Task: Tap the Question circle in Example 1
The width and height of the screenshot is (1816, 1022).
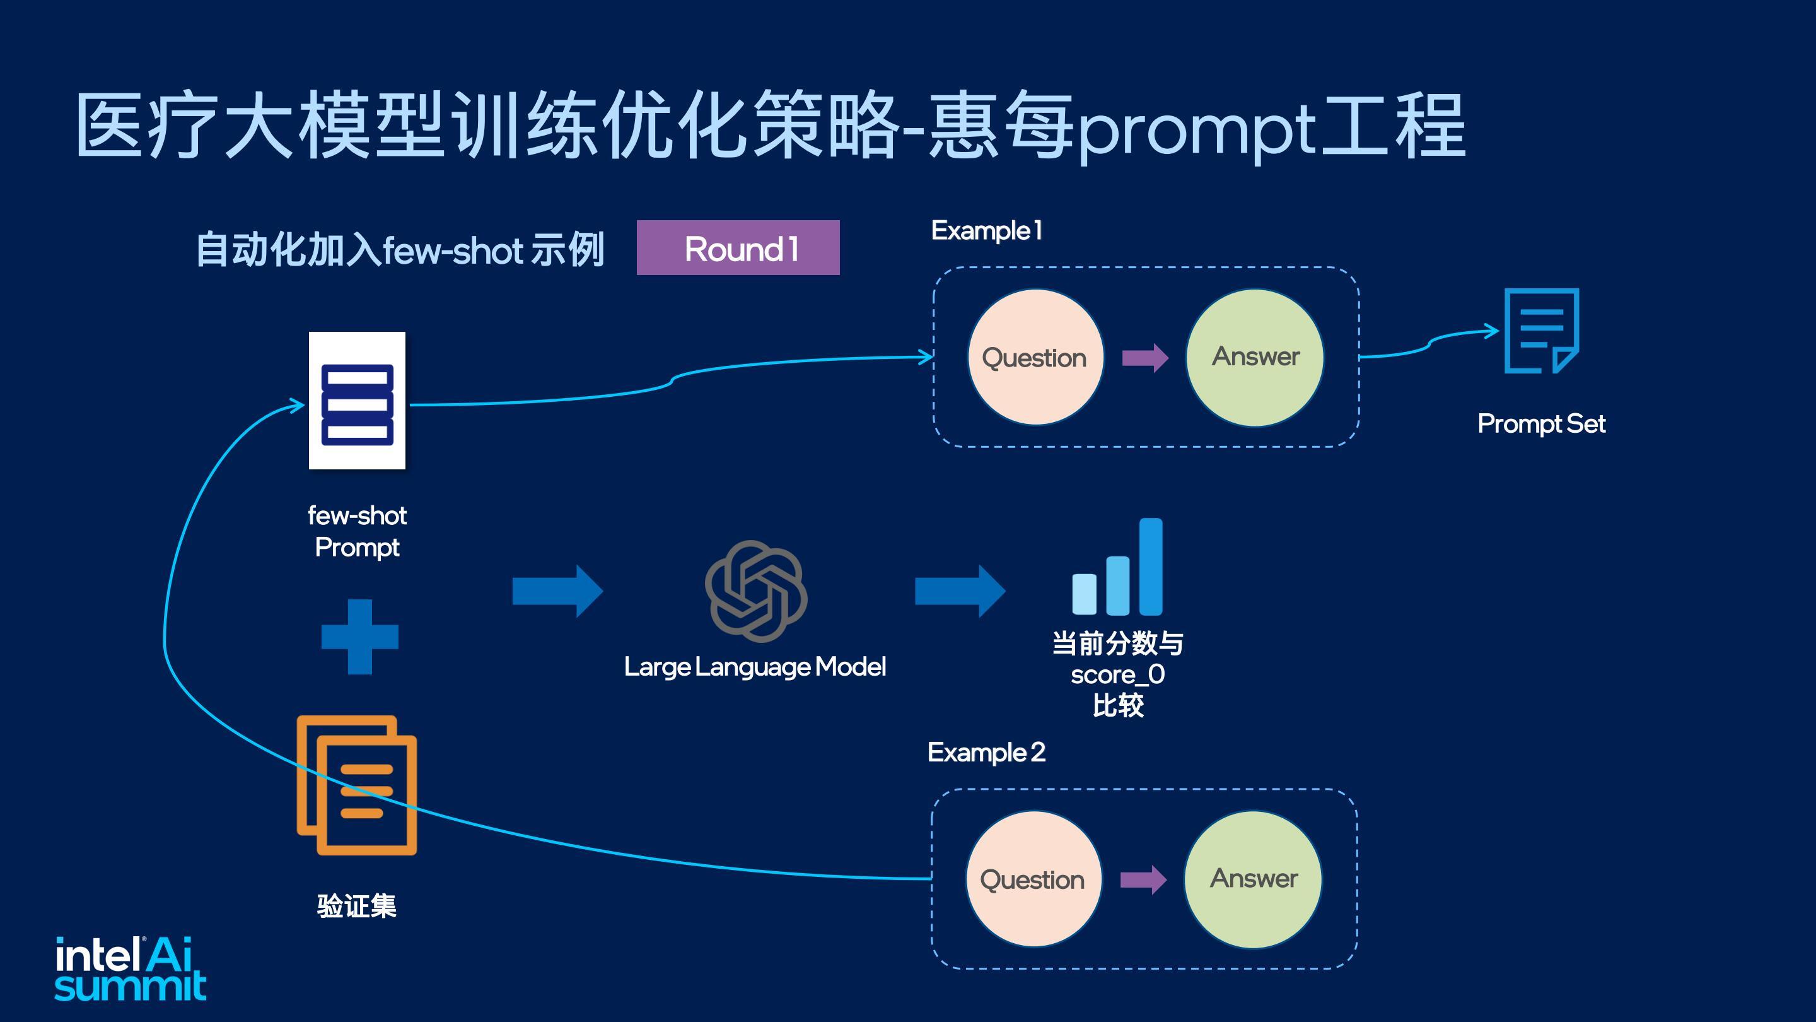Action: coord(1034,358)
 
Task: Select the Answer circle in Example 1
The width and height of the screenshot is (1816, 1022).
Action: coord(1255,357)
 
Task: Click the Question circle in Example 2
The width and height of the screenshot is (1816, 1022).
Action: coord(1033,879)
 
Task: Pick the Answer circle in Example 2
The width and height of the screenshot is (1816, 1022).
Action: coord(1254,879)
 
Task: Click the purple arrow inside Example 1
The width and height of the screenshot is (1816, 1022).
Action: coord(1145,358)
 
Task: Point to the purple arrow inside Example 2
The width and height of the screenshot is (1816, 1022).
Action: coord(1143,879)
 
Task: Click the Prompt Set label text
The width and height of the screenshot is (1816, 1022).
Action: coord(1541,424)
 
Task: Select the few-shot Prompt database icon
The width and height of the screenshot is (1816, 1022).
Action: coord(358,401)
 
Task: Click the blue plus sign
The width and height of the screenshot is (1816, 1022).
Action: coord(359,637)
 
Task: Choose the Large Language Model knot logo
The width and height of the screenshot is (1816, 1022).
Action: coord(756,591)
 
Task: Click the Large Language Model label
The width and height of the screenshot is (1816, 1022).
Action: coord(755,667)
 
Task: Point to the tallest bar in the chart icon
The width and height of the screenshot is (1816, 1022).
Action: coord(1151,567)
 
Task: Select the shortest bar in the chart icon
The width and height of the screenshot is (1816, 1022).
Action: coord(1085,594)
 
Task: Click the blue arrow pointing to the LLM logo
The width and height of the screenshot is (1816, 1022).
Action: coord(557,591)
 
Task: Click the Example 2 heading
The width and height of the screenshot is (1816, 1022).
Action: coord(986,753)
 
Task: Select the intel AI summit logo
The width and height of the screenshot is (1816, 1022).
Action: coord(131,968)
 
